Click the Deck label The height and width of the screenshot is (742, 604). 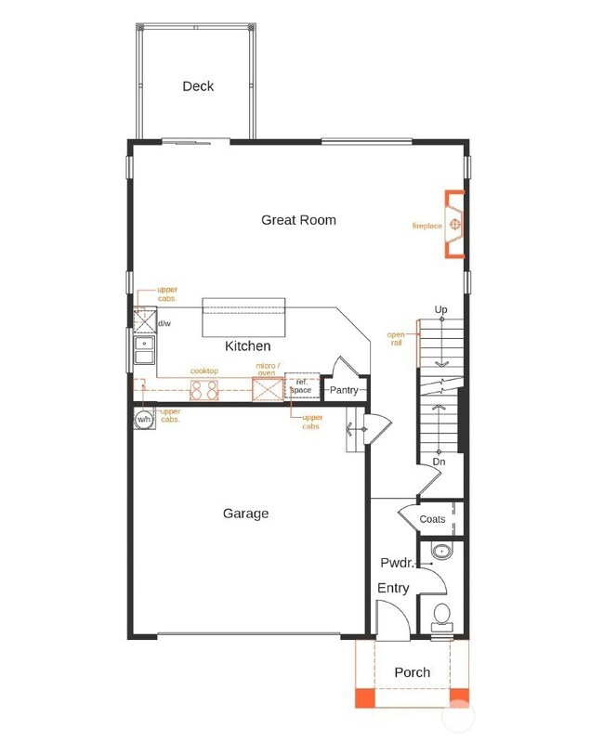click(198, 86)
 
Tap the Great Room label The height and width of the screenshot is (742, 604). click(298, 220)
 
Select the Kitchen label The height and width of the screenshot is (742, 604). click(248, 346)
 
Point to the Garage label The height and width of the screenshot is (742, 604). click(245, 514)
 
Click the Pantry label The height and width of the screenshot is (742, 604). click(343, 390)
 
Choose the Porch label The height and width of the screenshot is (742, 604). click(412, 672)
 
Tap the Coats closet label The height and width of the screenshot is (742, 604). click(432, 520)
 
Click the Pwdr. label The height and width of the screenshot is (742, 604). click(396, 563)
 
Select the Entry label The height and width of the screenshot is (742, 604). click(392, 589)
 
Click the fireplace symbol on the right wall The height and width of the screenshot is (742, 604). click(455, 224)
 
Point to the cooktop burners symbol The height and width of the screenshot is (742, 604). click(204, 390)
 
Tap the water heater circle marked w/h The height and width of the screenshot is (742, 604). click(144, 420)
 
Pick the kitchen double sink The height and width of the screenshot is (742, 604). click(144, 350)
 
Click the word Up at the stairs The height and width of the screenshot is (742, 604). click(440, 309)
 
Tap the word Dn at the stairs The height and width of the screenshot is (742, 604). click(439, 462)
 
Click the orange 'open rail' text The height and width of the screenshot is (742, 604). click(397, 338)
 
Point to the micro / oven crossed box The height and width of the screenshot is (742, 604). click(269, 389)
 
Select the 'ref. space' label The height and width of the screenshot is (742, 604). click(301, 385)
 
